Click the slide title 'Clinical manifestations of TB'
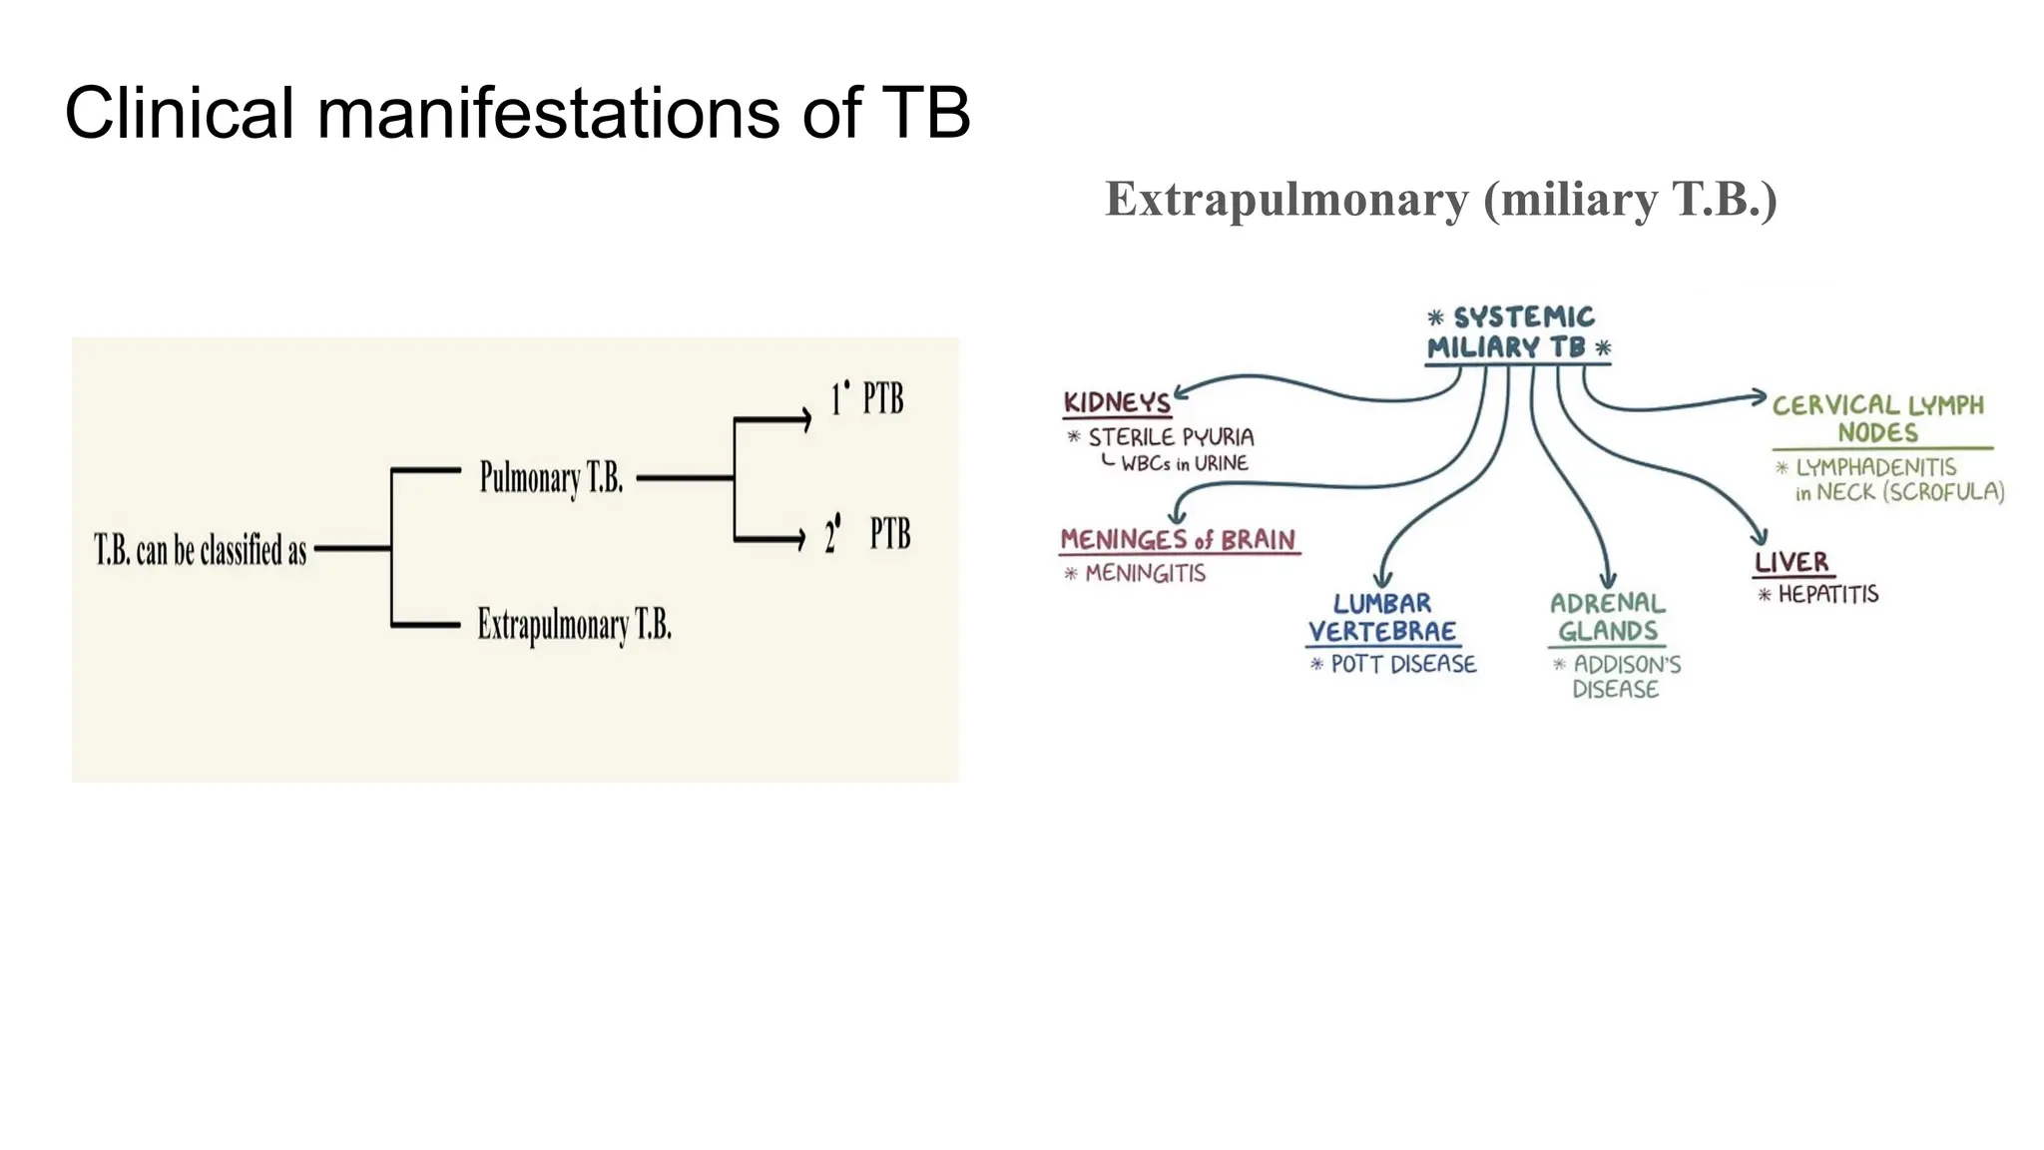click(x=517, y=113)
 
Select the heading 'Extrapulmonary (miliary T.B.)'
click(x=1440, y=199)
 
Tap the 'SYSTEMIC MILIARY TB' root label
click(x=1518, y=333)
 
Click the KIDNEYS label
click(x=1117, y=402)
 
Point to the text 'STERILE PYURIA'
click(x=1170, y=437)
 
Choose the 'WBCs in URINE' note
click(x=1184, y=463)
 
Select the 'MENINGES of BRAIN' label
click(x=1178, y=540)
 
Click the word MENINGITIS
click(x=1145, y=574)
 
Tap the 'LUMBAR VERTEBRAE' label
click(x=1382, y=618)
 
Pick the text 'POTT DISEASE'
click(x=1402, y=665)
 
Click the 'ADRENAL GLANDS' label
click(x=1607, y=618)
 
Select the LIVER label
click(x=1791, y=562)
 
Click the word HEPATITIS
click(x=1827, y=595)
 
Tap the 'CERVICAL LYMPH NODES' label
click(x=1877, y=418)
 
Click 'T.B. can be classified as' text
click(x=201, y=550)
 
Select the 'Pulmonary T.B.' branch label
click(x=551, y=478)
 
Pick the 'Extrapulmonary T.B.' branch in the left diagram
click(x=574, y=626)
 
